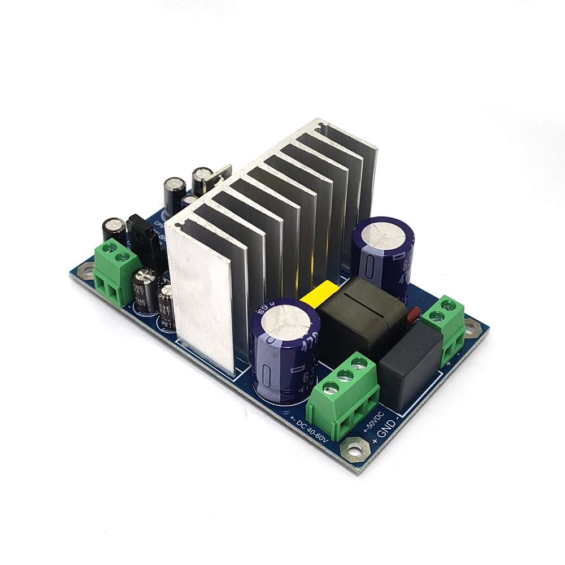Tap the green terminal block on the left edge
[116, 271]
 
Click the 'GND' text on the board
[386, 427]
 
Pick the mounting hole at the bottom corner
[355, 450]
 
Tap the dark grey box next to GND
[410, 367]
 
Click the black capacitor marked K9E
[165, 305]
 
